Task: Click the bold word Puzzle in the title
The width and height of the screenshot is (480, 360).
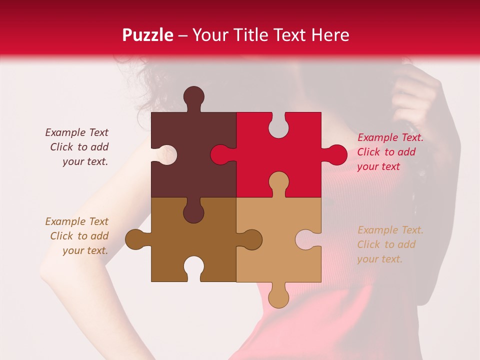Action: point(148,35)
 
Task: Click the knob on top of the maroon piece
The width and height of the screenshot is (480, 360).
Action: point(193,96)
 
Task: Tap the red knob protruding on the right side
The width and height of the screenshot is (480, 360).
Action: point(336,154)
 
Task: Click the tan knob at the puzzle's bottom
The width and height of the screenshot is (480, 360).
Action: point(278,298)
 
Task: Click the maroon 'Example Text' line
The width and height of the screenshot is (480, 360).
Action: point(76,132)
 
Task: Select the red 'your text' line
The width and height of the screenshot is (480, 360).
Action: point(378,166)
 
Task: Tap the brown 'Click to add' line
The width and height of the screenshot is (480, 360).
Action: point(79,236)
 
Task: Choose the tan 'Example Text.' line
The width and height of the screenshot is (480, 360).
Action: point(390,230)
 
